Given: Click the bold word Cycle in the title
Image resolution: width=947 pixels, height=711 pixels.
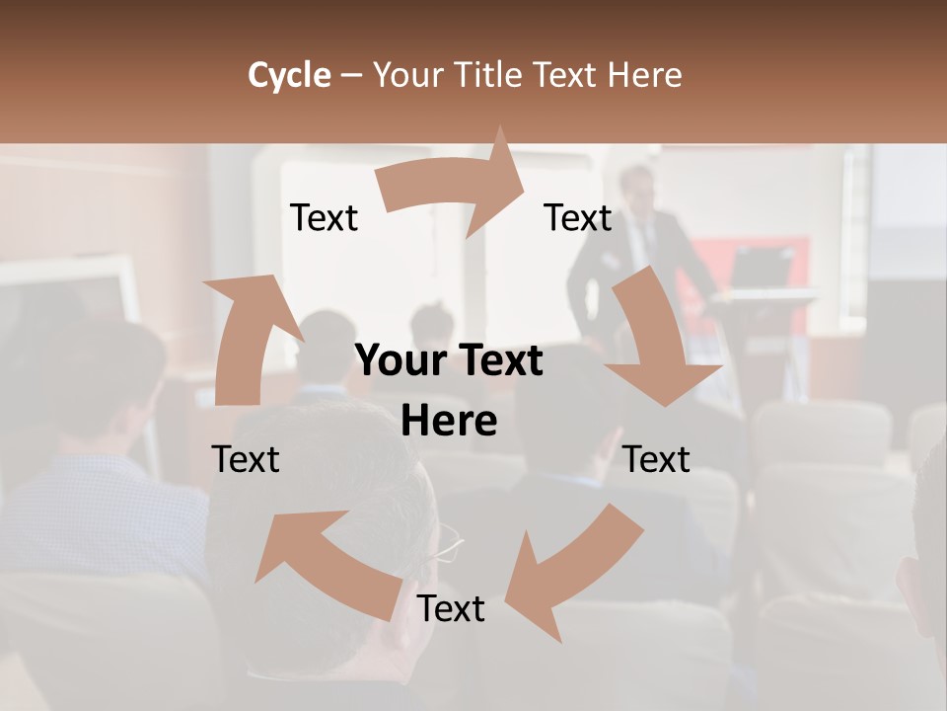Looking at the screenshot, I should click(x=288, y=75).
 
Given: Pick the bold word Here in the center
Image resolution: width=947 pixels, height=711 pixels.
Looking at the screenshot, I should click(x=448, y=422).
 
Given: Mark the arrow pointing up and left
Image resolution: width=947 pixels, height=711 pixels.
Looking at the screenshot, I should click(x=326, y=553).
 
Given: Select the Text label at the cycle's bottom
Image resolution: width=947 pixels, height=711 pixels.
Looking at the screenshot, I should click(x=451, y=609).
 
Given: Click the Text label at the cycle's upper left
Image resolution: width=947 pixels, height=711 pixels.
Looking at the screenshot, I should click(x=324, y=217).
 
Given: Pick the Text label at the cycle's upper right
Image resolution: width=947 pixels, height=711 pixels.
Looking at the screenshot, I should click(x=578, y=217).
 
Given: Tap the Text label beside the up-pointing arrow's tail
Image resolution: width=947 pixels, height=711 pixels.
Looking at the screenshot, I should click(x=246, y=459).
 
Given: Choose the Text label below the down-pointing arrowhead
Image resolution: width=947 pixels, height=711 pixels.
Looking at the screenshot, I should click(x=657, y=459).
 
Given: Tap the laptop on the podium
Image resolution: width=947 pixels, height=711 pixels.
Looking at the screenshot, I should click(x=761, y=267).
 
